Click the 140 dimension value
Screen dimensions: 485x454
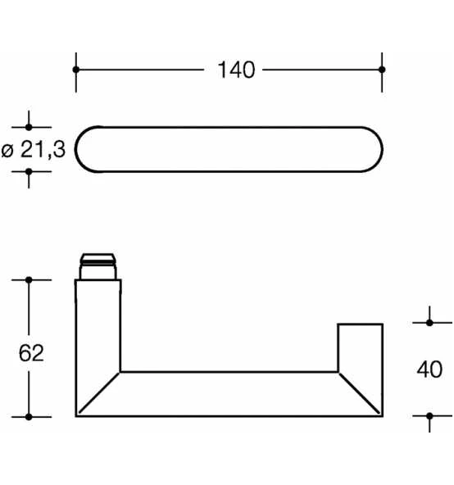coord(236,70)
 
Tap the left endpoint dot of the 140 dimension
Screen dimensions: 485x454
coord(76,70)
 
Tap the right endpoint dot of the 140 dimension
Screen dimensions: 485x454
coord(382,70)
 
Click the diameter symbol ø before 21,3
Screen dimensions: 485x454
coord(9,151)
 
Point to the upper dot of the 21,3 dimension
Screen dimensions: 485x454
coord(29,127)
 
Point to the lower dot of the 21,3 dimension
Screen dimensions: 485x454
coord(29,172)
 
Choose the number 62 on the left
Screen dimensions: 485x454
coord(30,353)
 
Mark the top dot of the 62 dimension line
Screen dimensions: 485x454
coord(29,280)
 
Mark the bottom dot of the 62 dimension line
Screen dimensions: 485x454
coord(29,416)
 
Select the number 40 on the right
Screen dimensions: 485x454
coord(429,369)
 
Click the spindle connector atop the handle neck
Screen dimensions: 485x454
coord(98,266)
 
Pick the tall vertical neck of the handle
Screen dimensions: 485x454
coord(98,328)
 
